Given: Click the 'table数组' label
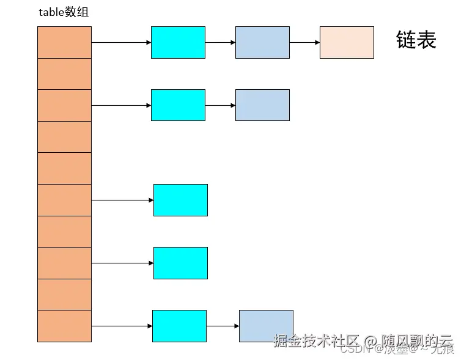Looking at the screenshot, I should (x=64, y=13).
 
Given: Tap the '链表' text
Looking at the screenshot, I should (x=416, y=40).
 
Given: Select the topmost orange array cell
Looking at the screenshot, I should (x=64, y=42).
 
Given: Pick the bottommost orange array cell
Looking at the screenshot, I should (x=64, y=326).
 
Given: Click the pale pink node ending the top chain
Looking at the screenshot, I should (x=347, y=42).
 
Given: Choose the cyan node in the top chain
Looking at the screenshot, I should (x=178, y=42).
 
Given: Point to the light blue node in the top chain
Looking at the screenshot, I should (x=262, y=42).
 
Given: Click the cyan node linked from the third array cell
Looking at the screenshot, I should (x=178, y=105).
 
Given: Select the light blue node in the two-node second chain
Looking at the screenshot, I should (x=262, y=105).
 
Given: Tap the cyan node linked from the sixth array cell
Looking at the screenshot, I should (x=180, y=200).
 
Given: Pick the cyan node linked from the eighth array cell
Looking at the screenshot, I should (x=180, y=263).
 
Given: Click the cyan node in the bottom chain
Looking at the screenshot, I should (x=179, y=326).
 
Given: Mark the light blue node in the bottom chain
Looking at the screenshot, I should (x=266, y=326).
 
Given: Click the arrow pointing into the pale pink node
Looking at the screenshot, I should (x=304, y=43).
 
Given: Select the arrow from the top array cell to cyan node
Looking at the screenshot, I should (x=121, y=43).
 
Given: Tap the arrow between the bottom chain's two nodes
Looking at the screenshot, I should (x=223, y=326).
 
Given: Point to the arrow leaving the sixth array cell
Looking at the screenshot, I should (x=122, y=200).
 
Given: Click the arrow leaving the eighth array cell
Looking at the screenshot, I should (x=122, y=263).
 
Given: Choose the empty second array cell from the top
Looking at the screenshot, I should (x=64, y=74).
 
